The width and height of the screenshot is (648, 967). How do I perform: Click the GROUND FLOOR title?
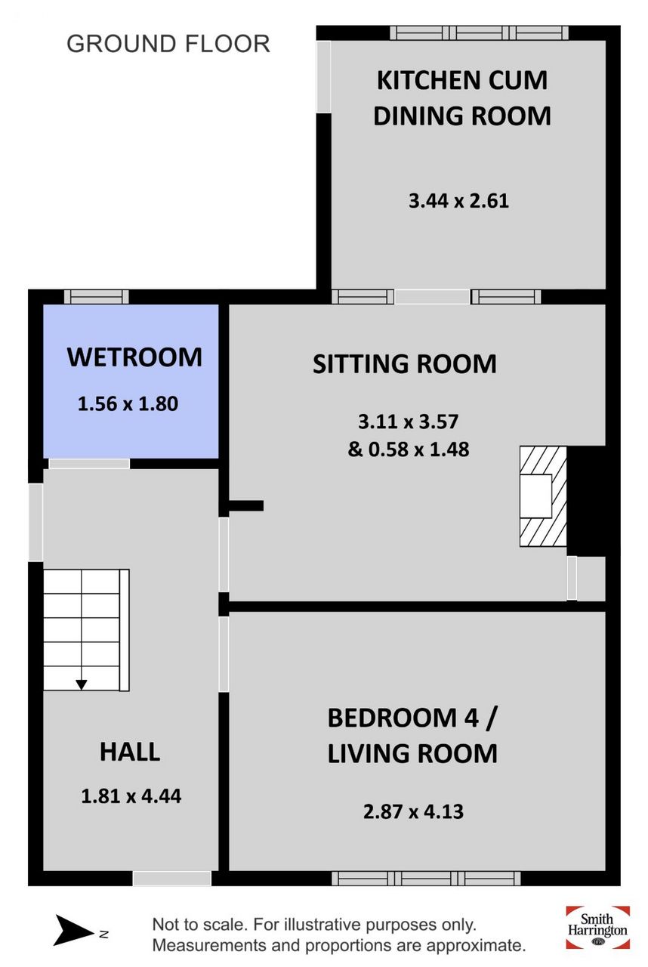pos(168,44)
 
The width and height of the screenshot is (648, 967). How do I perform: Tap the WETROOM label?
pos(134,357)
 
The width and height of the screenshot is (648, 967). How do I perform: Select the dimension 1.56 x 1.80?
pos(128,403)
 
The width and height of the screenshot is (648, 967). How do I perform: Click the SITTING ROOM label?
pos(404,363)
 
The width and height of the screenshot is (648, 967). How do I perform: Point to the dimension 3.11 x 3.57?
pos(408,422)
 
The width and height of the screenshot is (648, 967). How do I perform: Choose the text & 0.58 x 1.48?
pos(408,449)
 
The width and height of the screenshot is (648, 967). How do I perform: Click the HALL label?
pos(130,752)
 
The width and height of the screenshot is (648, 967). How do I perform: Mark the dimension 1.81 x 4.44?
pos(131,796)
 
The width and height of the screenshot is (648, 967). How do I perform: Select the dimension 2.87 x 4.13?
pos(413,811)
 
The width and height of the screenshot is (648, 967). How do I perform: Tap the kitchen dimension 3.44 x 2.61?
pos(458,201)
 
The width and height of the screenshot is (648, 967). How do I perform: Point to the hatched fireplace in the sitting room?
pos(543,496)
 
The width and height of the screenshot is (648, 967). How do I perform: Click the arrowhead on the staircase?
pos(82,684)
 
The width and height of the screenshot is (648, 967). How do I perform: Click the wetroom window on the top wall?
pos(97,297)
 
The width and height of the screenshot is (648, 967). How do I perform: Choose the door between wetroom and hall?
pos(89,464)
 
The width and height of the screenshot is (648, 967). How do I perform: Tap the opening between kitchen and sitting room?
pos(432,297)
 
